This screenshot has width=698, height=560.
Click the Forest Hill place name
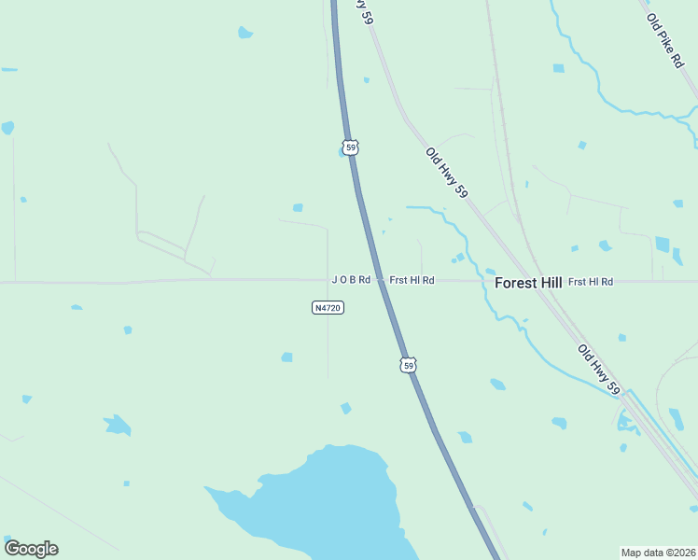pyautogui.click(x=528, y=282)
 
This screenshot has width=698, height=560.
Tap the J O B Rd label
pyautogui.click(x=351, y=280)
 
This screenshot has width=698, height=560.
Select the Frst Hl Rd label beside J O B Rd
pyautogui.click(x=412, y=280)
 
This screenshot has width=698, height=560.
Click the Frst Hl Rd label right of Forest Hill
pyautogui.click(x=591, y=281)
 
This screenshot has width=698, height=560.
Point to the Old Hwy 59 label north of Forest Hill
pyautogui.click(x=446, y=173)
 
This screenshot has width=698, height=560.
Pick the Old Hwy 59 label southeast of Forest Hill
pyautogui.click(x=598, y=369)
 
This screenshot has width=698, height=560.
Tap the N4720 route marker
pyautogui.click(x=328, y=307)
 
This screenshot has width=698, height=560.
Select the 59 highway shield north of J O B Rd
pyautogui.click(x=350, y=147)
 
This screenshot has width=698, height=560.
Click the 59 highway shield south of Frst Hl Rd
pyautogui.click(x=409, y=365)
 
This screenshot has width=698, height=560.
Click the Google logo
pyautogui.click(x=31, y=549)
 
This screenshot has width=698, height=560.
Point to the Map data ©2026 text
pyautogui.click(x=658, y=553)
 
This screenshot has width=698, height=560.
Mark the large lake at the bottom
pyautogui.click(x=327, y=504)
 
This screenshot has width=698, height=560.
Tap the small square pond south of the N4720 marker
pyautogui.click(x=287, y=357)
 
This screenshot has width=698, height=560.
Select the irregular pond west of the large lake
pyautogui.click(x=117, y=426)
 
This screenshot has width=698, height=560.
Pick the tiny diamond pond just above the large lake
pyautogui.click(x=346, y=408)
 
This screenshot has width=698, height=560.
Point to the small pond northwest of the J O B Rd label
pyautogui.click(x=298, y=207)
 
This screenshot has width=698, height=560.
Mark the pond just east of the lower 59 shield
pyautogui.click(x=497, y=384)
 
